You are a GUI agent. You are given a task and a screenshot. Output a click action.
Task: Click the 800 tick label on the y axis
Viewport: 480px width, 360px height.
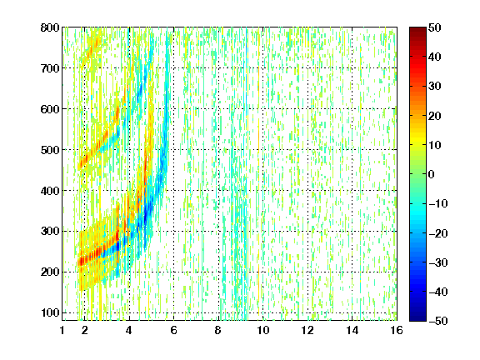[x=50, y=27]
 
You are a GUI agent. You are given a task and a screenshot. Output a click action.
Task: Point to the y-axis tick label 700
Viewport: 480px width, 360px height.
[x=50, y=68]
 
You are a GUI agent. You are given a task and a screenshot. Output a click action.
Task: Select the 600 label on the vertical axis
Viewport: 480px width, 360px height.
[x=50, y=109]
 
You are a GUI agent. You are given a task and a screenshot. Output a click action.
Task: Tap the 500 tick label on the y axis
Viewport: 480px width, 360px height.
[x=50, y=150]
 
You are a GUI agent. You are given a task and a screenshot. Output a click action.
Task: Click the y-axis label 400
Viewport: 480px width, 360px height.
[x=50, y=191]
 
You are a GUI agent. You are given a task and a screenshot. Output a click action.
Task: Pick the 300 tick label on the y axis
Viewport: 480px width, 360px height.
[x=50, y=232]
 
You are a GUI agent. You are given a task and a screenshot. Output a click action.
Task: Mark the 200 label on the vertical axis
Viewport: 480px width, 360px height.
[x=50, y=272]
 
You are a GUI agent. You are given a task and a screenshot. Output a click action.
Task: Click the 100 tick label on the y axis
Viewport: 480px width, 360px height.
[x=50, y=312]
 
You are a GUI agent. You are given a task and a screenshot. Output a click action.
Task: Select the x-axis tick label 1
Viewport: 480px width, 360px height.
[x=62, y=330]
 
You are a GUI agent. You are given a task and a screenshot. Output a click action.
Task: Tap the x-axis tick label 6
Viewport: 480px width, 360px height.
[x=173, y=330]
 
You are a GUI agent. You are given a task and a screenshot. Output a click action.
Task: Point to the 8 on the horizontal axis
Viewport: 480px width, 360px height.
[x=218, y=330]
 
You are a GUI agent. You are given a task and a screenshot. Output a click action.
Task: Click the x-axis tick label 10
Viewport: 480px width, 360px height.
[x=263, y=330]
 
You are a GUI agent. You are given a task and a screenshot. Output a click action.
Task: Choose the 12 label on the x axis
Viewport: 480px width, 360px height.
[x=307, y=330]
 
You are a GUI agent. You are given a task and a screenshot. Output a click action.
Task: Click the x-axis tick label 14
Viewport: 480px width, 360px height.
[x=352, y=330]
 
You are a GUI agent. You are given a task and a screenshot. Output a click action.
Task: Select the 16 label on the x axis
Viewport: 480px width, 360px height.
[x=397, y=330]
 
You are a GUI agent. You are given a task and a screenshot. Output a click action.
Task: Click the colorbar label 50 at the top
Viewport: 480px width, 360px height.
[x=435, y=27]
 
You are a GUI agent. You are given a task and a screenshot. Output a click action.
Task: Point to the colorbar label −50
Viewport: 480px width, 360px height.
[x=438, y=321]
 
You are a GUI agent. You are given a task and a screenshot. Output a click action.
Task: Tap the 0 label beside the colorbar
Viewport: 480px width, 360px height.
[x=432, y=174]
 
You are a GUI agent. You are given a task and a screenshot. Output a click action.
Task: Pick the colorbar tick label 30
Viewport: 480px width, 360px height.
[x=435, y=86]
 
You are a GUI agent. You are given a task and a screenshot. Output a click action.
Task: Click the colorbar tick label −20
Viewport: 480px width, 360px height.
[x=438, y=233]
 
